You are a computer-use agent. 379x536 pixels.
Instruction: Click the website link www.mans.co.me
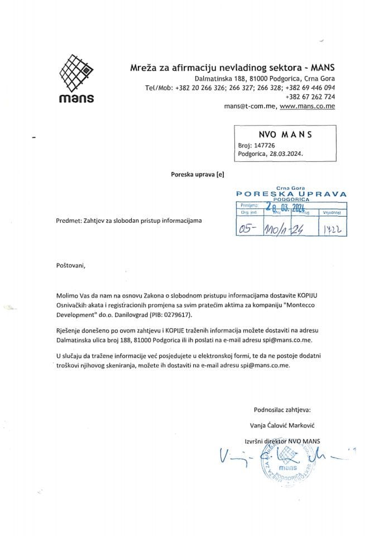(x=307, y=106)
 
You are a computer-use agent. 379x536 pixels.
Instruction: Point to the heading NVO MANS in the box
(x=286, y=134)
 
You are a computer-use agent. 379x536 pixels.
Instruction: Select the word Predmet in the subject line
(x=69, y=221)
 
